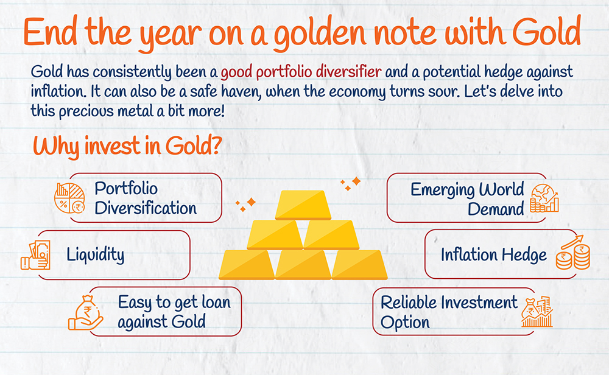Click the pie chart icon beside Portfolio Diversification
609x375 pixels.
click(x=69, y=198)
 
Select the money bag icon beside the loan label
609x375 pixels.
click(x=85, y=313)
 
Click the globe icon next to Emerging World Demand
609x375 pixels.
click(x=544, y=198)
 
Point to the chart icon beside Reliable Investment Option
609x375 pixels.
click(x=537, y=311)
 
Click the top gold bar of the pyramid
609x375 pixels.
click(x=303, y=205)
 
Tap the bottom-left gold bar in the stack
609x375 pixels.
click(x=247, y=265)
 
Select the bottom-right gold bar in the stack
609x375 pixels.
click(x=359, y=265)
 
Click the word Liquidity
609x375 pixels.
click(x=96, y=255)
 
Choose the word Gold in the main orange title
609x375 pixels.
click(x=546, y=33)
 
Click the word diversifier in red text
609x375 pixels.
click(x=348, y=71)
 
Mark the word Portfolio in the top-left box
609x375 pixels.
click(x=126, y=188)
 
